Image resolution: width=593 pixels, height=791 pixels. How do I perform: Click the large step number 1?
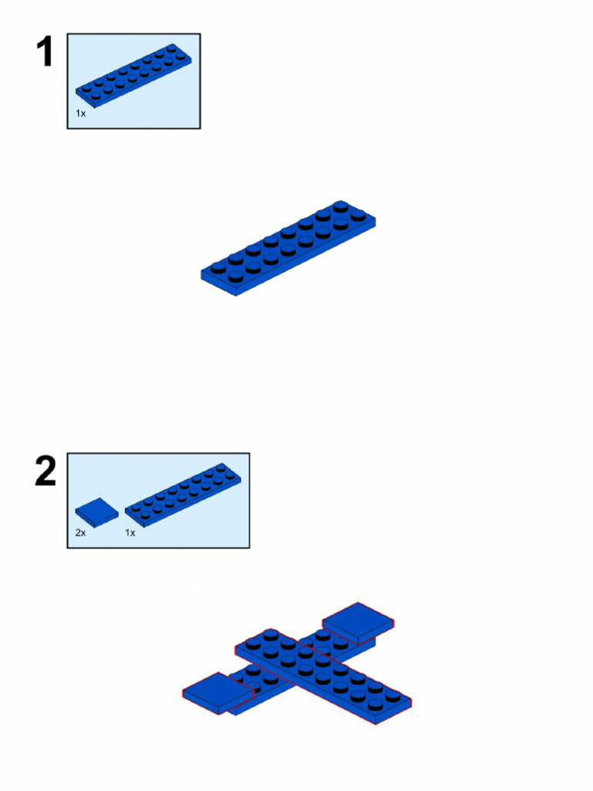(46, 53)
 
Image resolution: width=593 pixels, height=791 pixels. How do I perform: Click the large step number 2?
(46, 472)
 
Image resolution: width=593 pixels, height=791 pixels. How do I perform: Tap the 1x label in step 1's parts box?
(80, 114)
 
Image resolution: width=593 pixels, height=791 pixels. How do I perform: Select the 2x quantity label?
(80, 533)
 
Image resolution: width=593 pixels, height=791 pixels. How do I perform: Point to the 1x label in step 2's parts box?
(130, 533)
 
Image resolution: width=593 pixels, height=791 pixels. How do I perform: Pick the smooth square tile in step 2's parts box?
(97, 511)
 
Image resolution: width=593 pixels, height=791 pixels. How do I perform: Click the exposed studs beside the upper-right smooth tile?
(324, 640)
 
